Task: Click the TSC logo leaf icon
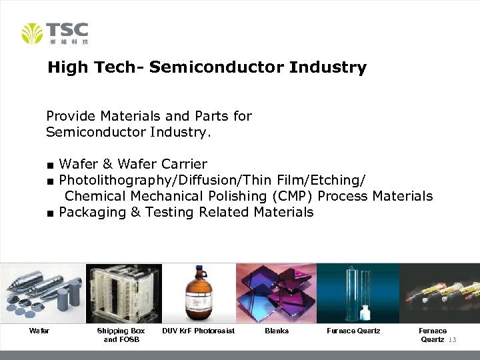click(32, 33)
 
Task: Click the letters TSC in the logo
click(67, 29)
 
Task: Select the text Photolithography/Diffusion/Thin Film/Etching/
click(212, 180)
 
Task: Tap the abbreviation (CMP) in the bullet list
click(289, 196)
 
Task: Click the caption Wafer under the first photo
click(39, 331)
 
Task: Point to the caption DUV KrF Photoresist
click(199, 331)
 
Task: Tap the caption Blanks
click(277, 331)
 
